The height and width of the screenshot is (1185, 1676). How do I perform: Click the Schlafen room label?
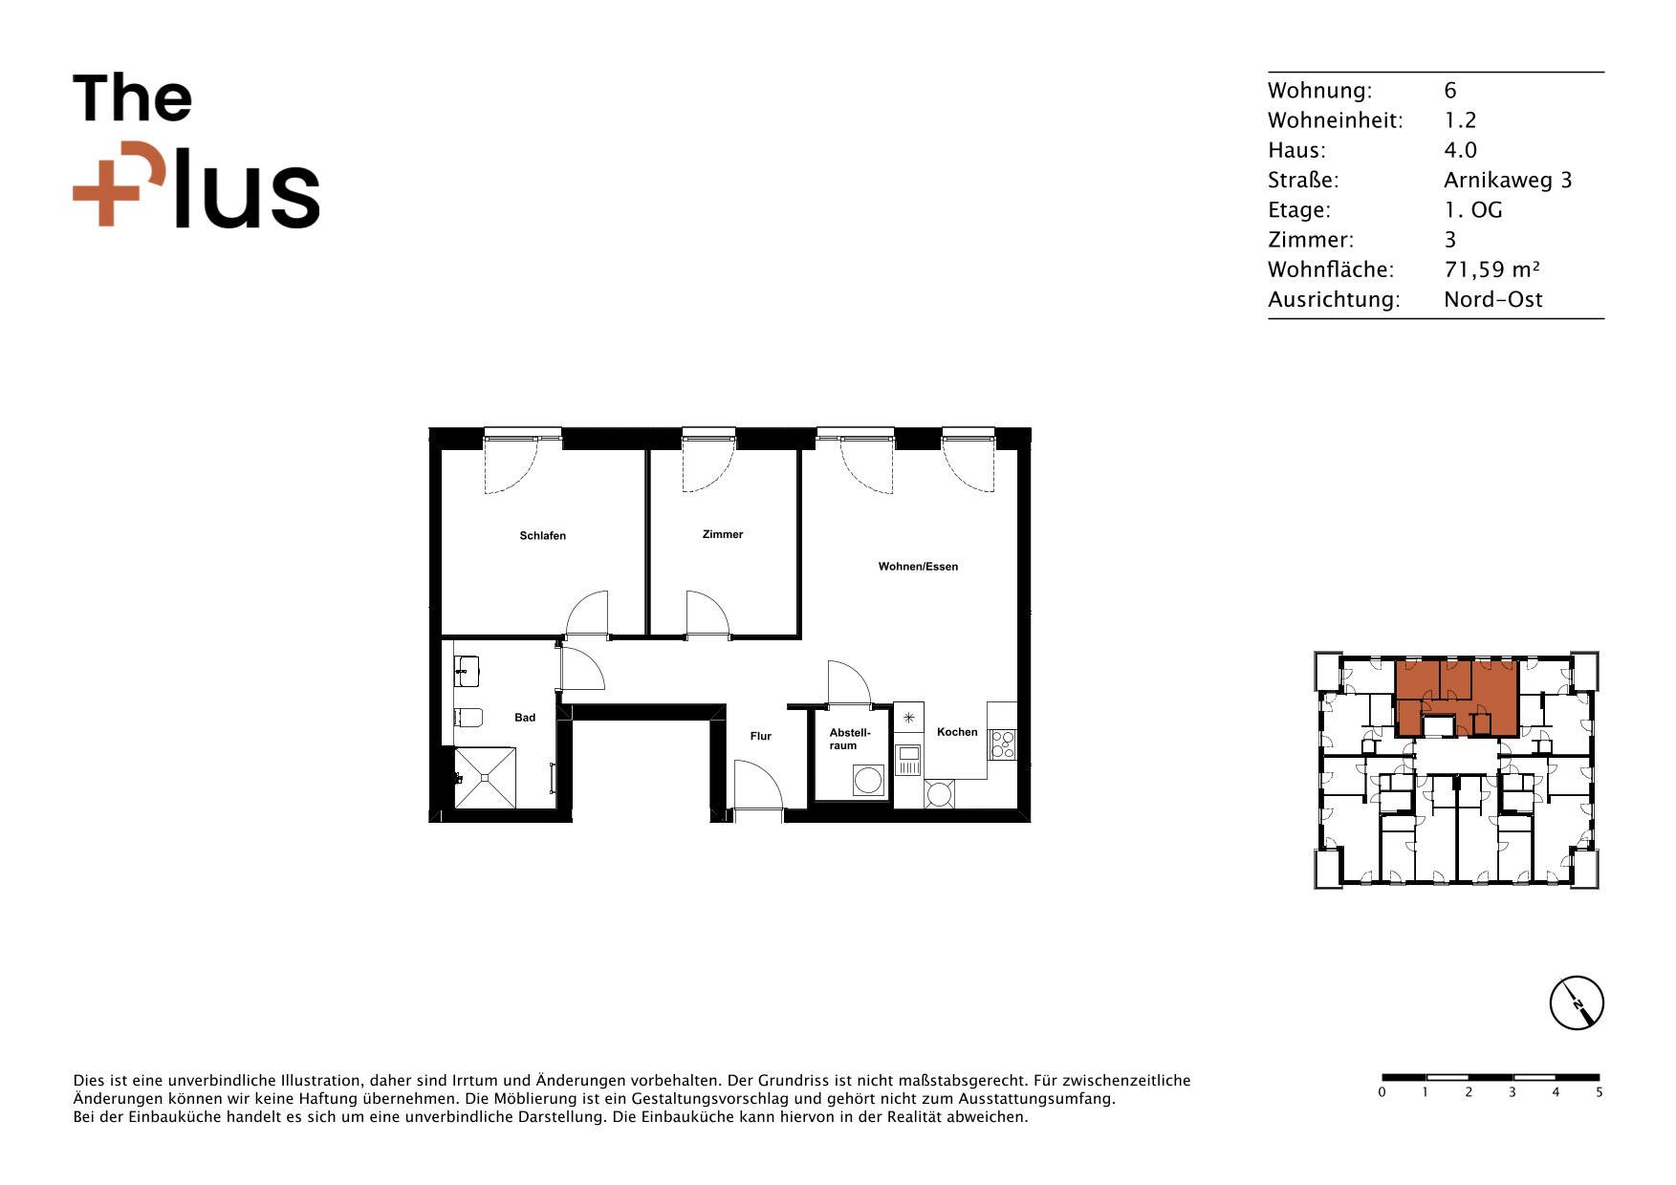point(542,536)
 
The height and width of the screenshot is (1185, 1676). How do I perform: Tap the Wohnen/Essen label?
point(918,567)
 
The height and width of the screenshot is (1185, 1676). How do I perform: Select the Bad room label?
point(525,718)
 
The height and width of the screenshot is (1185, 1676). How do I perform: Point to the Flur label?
point(761,736)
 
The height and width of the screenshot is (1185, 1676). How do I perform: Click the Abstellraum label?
point(849,739)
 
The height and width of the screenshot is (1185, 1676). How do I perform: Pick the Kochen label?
point(957,732)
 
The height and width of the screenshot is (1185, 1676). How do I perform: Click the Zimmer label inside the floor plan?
point(722,534)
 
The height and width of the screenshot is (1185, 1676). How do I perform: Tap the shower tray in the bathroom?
point(485,778)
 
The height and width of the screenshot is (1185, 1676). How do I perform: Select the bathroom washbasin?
point(467,671)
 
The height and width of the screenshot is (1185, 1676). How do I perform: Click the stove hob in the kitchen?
point(1002,744)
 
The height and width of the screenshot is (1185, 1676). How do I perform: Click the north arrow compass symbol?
point(1576,1003)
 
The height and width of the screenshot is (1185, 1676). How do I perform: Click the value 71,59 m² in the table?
point(1491,269)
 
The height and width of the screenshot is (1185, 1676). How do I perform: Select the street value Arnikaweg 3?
point(1508,180)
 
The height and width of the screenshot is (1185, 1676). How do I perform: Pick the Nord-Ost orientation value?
point(1493,299)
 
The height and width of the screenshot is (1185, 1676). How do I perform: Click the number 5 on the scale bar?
point(1599,1092)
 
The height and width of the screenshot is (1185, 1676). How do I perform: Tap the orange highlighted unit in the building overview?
point(1456,698)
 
